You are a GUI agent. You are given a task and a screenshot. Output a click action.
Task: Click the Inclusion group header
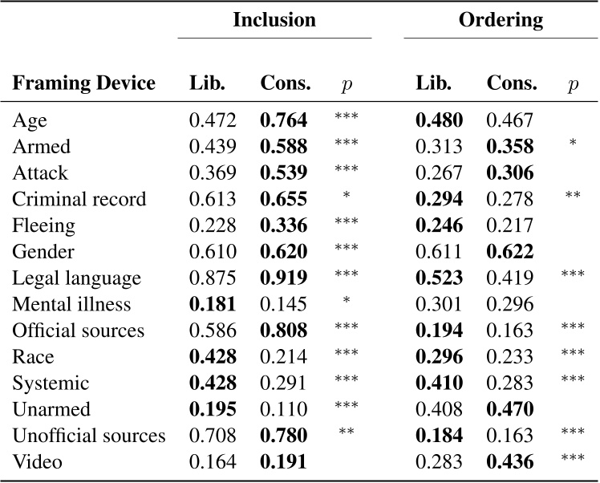[274, 20]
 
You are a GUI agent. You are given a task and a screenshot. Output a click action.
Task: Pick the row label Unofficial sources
[89, 436]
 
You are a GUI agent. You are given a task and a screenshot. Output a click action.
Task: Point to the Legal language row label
[76, 278]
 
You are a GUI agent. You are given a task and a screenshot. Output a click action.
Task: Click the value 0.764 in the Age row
[284, 121]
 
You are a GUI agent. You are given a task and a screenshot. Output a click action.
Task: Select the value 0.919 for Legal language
[284, 278]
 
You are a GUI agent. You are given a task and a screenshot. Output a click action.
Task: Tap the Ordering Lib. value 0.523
[439, 278]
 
